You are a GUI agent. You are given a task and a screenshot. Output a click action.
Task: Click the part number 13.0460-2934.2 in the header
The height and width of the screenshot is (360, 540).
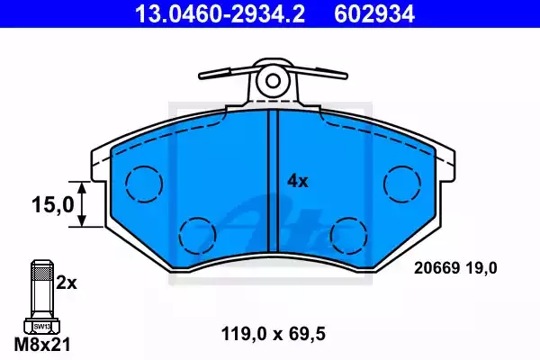point(220,13)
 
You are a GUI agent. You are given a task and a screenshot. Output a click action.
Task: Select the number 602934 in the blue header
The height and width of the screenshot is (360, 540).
point(374,13)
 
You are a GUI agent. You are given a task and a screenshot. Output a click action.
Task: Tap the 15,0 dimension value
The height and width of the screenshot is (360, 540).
point(53,204)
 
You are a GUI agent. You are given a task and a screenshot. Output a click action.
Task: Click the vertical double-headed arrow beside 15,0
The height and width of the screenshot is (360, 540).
point(82,204)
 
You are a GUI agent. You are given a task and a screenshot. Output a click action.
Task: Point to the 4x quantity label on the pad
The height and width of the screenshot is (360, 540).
point(298,181)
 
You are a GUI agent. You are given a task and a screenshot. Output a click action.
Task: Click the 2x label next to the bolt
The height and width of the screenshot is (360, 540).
point(67,283)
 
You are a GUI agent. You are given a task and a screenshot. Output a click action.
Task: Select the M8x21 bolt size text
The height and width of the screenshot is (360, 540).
point(42,344)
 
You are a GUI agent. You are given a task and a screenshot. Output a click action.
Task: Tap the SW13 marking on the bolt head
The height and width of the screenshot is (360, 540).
point(42,326)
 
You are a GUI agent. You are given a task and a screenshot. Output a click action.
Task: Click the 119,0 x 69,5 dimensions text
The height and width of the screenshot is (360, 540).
point(273,334)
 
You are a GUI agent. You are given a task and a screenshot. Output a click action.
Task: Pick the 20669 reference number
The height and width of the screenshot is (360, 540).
point(437,268)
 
